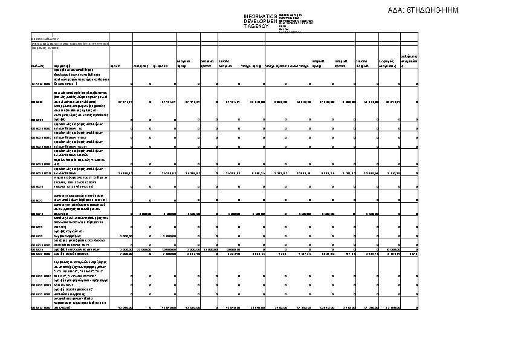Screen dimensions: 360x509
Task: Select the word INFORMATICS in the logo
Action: [260, 16]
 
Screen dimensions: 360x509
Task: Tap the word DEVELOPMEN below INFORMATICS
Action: [260, 21]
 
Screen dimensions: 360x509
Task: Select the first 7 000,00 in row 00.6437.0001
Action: [126, 254]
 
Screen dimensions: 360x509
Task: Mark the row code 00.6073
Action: [37, 214]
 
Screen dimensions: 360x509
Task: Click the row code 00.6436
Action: [37, 249]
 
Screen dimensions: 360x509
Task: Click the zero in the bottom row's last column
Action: [417, 307]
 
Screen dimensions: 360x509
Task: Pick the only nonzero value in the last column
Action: [413, 254]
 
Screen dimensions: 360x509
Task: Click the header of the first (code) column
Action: [37, 65]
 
